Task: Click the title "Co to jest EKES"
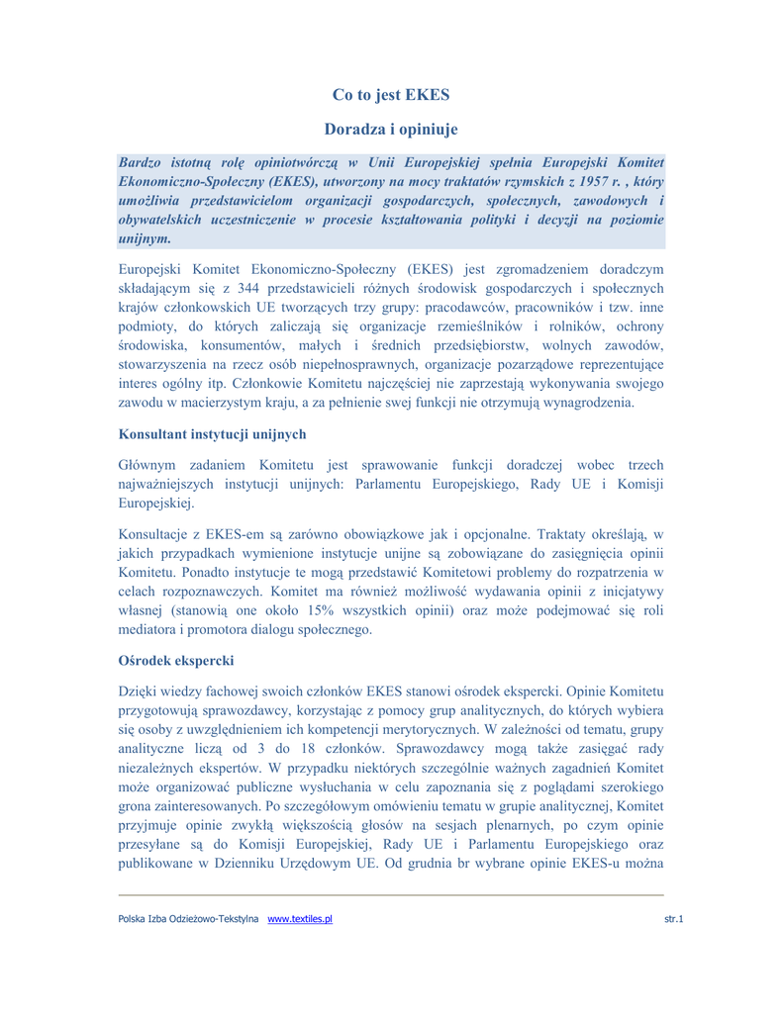[x=391, y=96]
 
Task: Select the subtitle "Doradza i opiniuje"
[x=391, y=129]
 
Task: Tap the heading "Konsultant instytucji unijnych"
[x=212, y=433]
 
